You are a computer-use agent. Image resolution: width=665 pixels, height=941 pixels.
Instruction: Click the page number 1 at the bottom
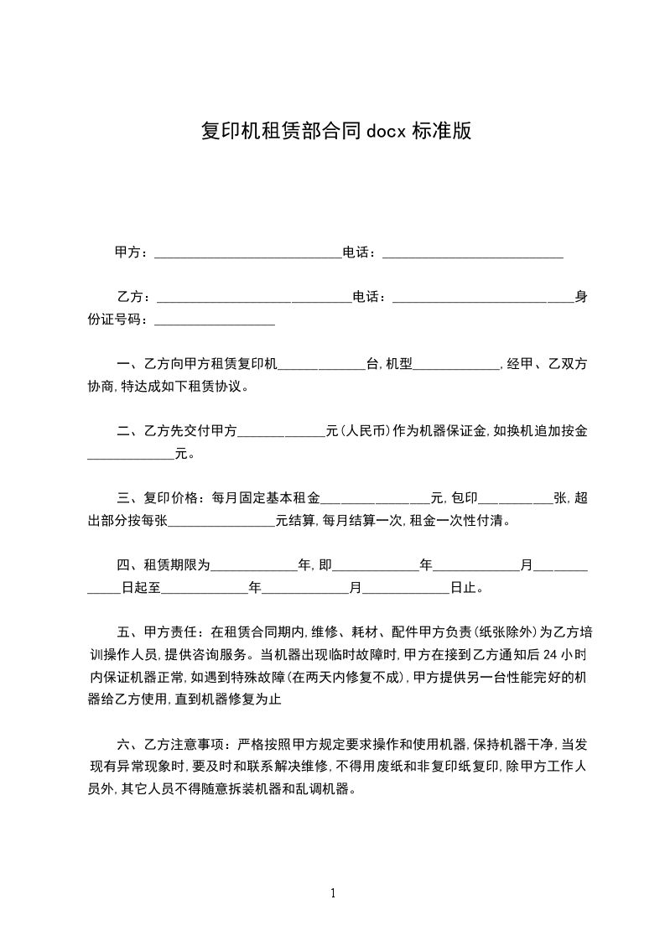click(x=333, y=893)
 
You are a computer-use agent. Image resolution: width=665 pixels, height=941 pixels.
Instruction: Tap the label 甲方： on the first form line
click(x=132, y=252)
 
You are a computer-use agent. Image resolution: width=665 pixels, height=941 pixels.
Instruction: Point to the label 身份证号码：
click(x=121, y=320)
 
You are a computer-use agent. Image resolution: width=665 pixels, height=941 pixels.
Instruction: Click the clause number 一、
click(x=129, y=365)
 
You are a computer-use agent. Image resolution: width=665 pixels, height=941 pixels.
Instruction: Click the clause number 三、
click(x=129, y=498)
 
